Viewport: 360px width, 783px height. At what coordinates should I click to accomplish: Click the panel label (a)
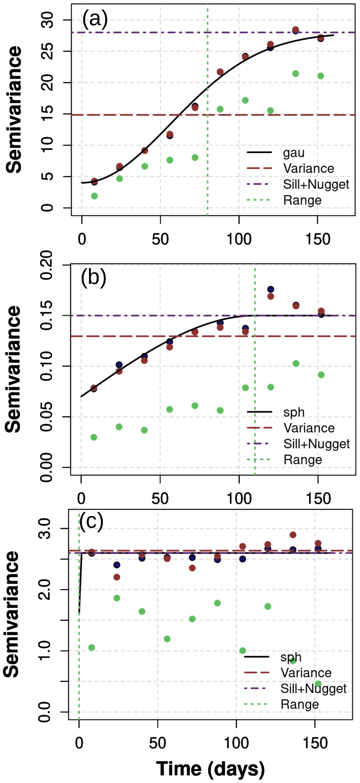click(x=95, y=19)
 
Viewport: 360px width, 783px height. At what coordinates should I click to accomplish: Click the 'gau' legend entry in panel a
click(x=293, y=153)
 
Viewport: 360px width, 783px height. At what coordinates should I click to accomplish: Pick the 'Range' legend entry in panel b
click(x=303, y=459)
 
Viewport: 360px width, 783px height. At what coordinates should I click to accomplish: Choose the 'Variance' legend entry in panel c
click(x=305, y=673)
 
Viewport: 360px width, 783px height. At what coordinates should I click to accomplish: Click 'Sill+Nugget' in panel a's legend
click(x=316, y=184)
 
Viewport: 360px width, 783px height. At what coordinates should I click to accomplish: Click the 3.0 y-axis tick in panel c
click(x=45, y=529)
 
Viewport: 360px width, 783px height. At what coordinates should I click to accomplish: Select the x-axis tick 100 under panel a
click(x=239, y=239)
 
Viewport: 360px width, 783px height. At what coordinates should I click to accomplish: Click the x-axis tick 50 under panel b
click(x=160, y=499)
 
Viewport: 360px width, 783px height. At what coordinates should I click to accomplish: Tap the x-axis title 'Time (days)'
click(x=210, y=768)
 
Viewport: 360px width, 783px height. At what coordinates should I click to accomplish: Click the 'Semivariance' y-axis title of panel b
click(x=13, y=369)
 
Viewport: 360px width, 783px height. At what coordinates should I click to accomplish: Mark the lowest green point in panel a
click(x=94, y=196)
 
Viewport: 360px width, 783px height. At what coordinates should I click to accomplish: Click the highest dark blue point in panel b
click(x=271, y=289)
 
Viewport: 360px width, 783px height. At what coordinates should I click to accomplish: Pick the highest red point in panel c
click(x=293, y=535)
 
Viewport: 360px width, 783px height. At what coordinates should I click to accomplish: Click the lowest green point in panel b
click(x=94, y=437)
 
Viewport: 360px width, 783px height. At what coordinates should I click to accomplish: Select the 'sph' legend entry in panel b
click(x=293, y=412)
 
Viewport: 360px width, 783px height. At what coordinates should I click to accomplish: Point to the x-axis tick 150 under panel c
click(x=315, y=743)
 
